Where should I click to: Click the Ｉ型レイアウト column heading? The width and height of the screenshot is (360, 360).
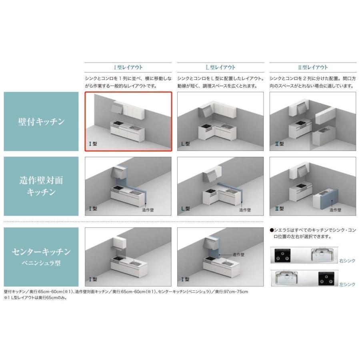pos(128,68)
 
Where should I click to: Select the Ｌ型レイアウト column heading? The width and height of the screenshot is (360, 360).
pos(220,68)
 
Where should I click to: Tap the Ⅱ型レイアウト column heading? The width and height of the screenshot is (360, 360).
pos(313,68)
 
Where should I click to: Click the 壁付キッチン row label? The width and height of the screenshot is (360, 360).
pos(41,122)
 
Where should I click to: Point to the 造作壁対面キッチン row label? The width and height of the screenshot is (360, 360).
pos(41,186)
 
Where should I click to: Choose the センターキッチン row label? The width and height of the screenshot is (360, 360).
pos(41,252)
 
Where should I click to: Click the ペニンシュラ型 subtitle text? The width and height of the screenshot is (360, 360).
pos(41,263)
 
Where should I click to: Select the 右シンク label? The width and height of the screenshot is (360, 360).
pos(347,261)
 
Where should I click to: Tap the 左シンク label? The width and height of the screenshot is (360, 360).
pos(347,284)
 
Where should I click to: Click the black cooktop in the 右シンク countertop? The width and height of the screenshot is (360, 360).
pos(282,256)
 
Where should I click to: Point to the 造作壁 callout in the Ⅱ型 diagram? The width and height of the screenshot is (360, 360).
pos(335,210)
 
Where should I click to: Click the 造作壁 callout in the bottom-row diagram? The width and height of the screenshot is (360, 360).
pos(238,255)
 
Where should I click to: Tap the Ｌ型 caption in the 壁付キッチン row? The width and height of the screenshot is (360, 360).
pos(186,144)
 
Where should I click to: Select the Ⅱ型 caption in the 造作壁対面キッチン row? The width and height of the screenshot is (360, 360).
pos(280,209)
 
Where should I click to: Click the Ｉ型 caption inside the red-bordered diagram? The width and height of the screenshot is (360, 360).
pos(93,144)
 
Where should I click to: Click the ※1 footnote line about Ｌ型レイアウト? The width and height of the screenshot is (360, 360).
pos(35,298)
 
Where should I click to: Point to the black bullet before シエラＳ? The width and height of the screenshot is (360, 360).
pos(272,230)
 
